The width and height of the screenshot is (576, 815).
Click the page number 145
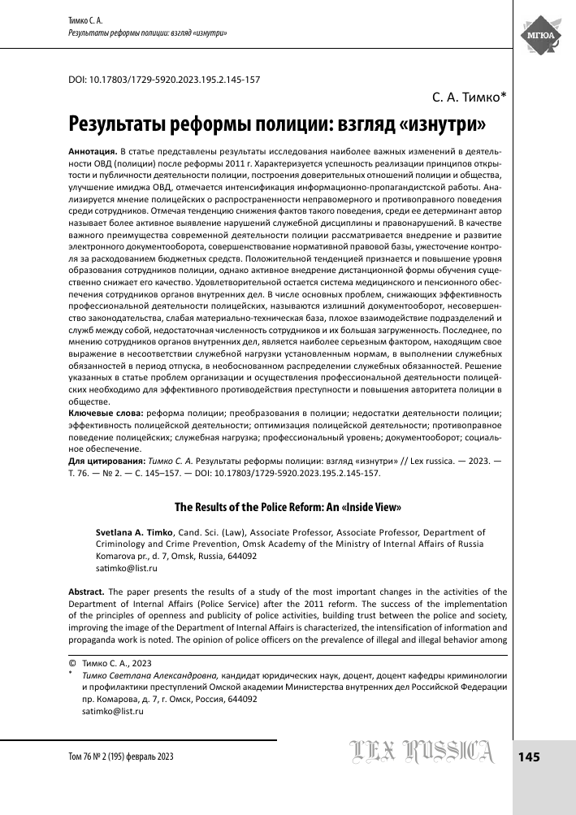point(528,756)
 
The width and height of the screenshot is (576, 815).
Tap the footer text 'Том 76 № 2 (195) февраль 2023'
point(115,756)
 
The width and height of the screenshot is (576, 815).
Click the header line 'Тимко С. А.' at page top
point(83,20)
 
